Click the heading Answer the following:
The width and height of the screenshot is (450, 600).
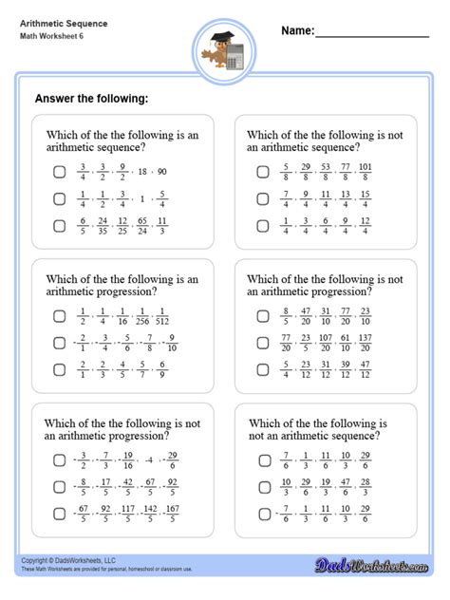click(91, 98)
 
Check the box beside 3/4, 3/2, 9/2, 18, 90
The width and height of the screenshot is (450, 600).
click(59, 172)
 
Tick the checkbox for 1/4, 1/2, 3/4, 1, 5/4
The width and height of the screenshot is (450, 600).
click(59, 198)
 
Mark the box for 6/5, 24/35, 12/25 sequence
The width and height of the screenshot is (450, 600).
click(59, 226)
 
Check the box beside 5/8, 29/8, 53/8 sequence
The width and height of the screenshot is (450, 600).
click(263, 172)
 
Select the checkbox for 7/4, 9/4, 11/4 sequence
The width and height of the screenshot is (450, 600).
click(263, 198)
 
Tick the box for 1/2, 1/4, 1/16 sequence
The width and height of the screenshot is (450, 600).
click(59, 317)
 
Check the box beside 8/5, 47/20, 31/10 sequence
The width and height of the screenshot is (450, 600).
click(263, 317)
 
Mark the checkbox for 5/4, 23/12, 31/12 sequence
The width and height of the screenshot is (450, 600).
click(263, 369)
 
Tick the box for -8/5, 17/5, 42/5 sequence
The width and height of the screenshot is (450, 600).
click(59, 487)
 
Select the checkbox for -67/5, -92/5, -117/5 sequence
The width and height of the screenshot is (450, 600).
click(59, 514)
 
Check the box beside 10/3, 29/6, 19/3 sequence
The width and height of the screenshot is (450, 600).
click(263, 487)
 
